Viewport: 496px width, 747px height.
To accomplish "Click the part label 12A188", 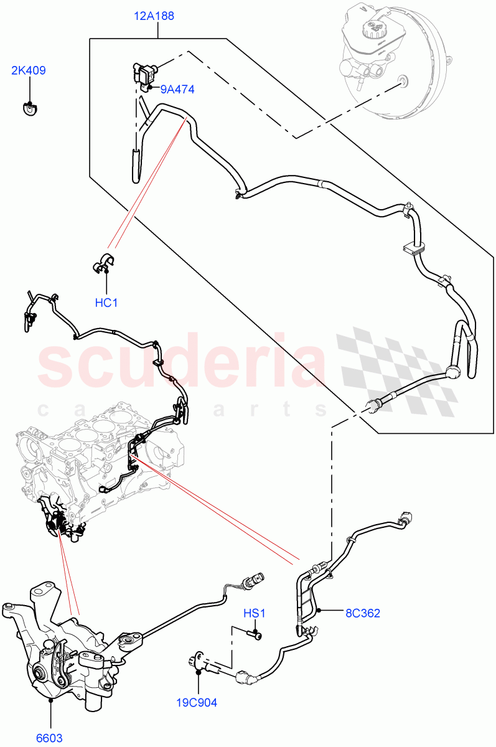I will point(154,16).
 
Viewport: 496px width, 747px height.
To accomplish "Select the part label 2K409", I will point(27,71).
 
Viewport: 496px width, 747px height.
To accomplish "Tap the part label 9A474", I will point(177,90).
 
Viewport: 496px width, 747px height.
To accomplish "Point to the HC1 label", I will point(106,303).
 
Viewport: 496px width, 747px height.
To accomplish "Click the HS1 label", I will point(254,614).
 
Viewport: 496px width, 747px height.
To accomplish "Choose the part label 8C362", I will point(363,613).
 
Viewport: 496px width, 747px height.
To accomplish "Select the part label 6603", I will point(49,738).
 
